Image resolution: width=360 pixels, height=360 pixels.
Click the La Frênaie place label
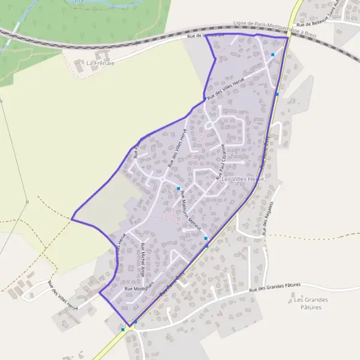pyautogui.click(x=100, y=62)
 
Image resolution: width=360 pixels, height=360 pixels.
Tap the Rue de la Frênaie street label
pyautogui.click(x=205, y=36)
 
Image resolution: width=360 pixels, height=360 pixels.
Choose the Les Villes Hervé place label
pyautogui.click(x=242, y=179)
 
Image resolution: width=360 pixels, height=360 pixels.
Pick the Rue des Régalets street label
pyautogui.click(x=268, y=217)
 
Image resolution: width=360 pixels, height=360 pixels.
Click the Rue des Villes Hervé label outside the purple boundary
pyautogui.click(x=62, y=296)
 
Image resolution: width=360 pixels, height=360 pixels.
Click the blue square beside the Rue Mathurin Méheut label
pyautogui.click(x=178, y=189)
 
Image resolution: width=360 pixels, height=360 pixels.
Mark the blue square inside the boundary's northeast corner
pyautogui.click(x=272, y=55)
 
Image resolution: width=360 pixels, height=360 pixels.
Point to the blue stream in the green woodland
pyautogui.click(x=18, y=30)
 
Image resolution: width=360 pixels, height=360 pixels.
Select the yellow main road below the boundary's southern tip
pyautogui.click(x=111, y=342)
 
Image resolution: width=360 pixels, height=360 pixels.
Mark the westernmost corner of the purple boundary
pyautogui.click(x=71, y=219)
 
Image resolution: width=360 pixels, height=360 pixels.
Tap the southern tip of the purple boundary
pyautogui.click(x=129, y=326)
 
